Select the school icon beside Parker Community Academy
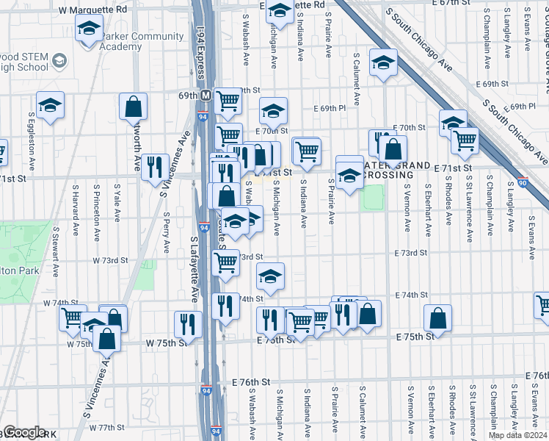coord(89,31)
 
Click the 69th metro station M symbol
coord(206,96)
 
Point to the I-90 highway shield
coord(522,182)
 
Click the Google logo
coord(23,432)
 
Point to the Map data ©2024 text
coord(518,435)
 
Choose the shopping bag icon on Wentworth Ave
coord(134,107)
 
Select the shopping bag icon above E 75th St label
coord(437,320)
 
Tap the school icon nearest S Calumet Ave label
coord(384,63)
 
